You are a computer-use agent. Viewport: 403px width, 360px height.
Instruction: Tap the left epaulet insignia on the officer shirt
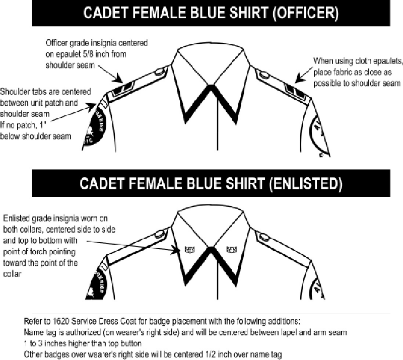[122, 89]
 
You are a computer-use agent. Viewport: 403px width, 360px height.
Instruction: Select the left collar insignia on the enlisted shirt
[191, 249]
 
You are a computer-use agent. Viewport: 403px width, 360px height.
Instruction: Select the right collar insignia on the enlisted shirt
[232, 248]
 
